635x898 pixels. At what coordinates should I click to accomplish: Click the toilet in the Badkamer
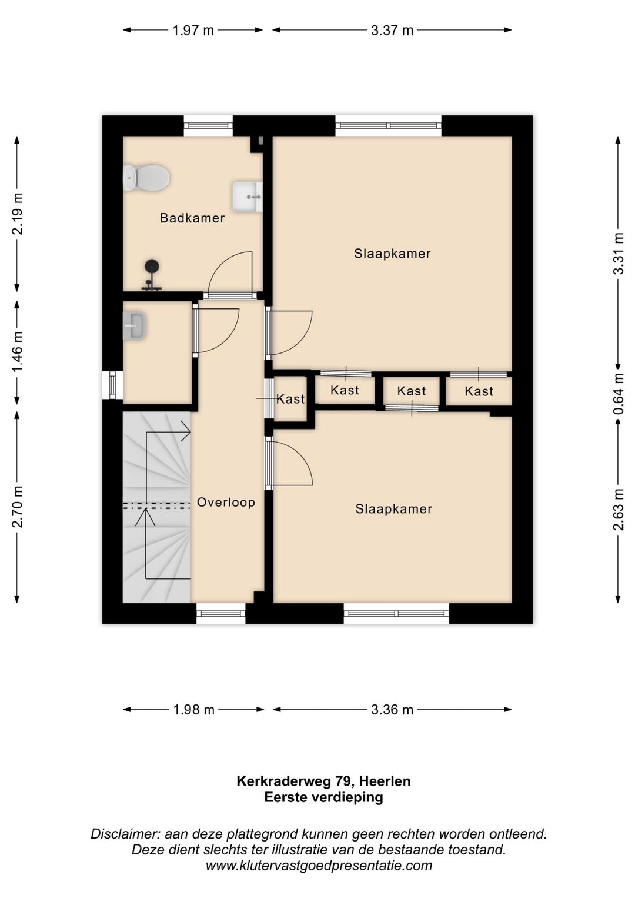(146, 178)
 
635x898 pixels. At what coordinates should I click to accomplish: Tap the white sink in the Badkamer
(247, 197)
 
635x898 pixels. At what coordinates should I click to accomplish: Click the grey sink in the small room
(134, 327)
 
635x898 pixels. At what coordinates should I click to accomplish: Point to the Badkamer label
(192, 218)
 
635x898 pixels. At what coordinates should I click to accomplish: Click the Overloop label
(226, 503)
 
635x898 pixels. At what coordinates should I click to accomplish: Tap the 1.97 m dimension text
(193, 31)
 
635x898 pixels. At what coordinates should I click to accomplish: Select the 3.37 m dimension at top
(392, 31)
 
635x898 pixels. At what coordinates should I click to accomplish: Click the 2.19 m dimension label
(18, 214)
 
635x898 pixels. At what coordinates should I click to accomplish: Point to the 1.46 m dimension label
(18, 351)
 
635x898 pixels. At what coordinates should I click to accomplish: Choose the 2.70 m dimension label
(18, 506)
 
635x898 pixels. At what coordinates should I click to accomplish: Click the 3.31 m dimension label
(619, 254)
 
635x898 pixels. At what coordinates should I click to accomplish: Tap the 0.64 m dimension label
(619, 394)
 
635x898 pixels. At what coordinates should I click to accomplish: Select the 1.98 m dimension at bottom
(194, 710)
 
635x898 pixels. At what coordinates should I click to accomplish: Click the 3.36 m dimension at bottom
(392, 710)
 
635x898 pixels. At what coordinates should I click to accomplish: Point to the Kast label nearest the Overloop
(290, 399)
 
